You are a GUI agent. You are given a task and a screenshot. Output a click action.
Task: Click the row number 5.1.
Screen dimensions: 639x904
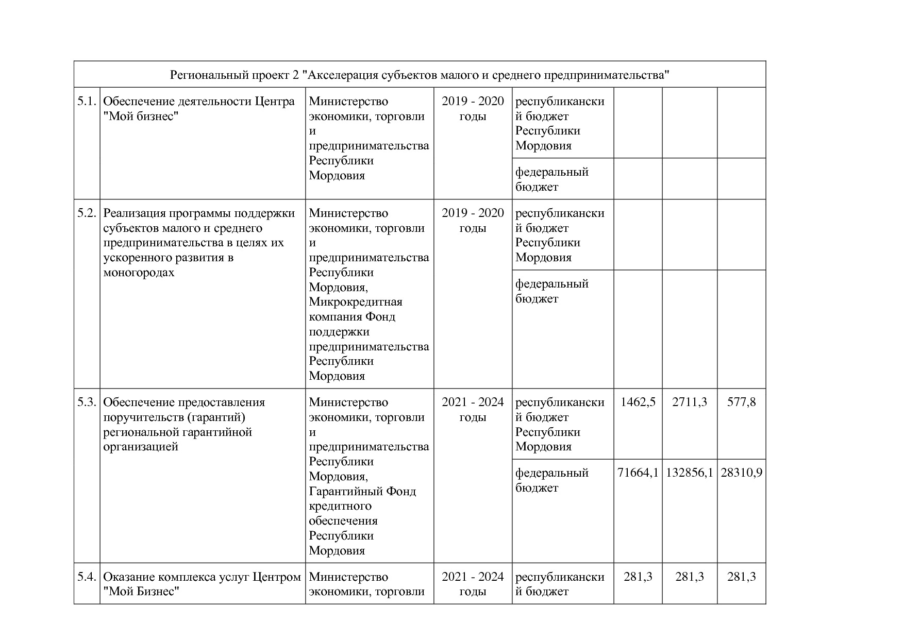click(x=87, y=101)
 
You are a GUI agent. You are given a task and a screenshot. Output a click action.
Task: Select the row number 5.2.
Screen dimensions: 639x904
click(x=87, y=213)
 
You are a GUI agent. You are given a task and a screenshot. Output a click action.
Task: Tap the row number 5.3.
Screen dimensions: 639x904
click(x=87, y=402)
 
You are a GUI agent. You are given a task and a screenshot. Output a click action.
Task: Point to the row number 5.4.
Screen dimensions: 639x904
click(x=87, y=577)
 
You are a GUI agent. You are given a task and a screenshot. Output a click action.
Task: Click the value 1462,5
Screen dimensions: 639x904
click(x=638, y=402)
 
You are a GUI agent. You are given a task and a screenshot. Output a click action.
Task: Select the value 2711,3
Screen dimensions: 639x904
click(x=690, y=402)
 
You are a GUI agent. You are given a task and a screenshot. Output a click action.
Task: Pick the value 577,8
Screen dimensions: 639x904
click(x=741, y=402)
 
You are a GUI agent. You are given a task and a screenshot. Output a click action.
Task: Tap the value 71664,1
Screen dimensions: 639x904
click(x=638, y=473)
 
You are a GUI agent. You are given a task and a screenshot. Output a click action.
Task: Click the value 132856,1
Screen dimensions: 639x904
click(x=690, y=473)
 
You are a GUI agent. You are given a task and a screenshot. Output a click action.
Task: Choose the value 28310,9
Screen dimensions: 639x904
click(x=741, y=473)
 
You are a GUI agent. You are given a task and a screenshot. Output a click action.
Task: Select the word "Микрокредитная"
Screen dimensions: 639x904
click(x=355, y=302)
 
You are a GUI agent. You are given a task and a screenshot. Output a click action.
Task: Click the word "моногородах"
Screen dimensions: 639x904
click(x=139, y=273)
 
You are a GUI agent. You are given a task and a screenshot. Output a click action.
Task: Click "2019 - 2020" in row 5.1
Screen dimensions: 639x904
click(x=473, y=101)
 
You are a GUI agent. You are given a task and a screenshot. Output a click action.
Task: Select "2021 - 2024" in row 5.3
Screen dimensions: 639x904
click(x=473, y=402)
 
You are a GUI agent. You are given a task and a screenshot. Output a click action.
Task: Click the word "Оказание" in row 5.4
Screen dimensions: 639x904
click(x=128, y=577)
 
